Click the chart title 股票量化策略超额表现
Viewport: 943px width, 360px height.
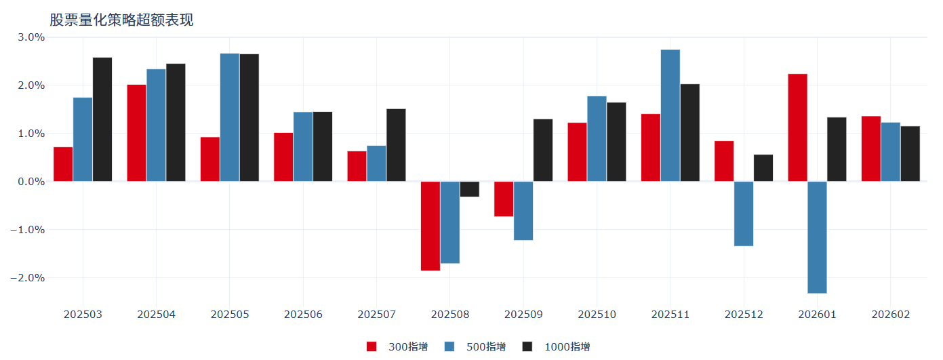tap(122, 20)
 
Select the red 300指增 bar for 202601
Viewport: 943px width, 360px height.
tap(797, 127)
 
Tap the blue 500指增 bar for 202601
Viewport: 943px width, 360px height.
tap(817, 237)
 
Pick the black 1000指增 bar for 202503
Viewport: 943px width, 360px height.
tap(102, 119)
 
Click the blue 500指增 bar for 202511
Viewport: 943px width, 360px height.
tap(670, 115)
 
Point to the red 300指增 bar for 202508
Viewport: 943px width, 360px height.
tap(430, 226)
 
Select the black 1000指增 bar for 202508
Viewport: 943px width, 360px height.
tap(469, 189)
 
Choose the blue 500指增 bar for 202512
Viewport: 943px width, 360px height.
tap(744, 214)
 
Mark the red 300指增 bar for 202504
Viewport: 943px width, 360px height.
tap(136, 133)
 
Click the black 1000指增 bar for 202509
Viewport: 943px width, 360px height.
tap(543, 151)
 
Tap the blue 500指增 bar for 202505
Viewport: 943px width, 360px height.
tap(230, 117)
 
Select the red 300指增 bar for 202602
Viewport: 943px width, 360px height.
tap(871, 148)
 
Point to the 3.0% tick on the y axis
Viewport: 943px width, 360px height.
tap(31, 37)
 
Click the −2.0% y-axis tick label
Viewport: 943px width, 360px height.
tap(28, 278)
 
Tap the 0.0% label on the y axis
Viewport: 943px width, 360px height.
tap(31, 182)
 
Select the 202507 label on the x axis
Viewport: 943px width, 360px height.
tap(376, 315)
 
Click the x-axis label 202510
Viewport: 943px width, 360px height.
tap(597, 315)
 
